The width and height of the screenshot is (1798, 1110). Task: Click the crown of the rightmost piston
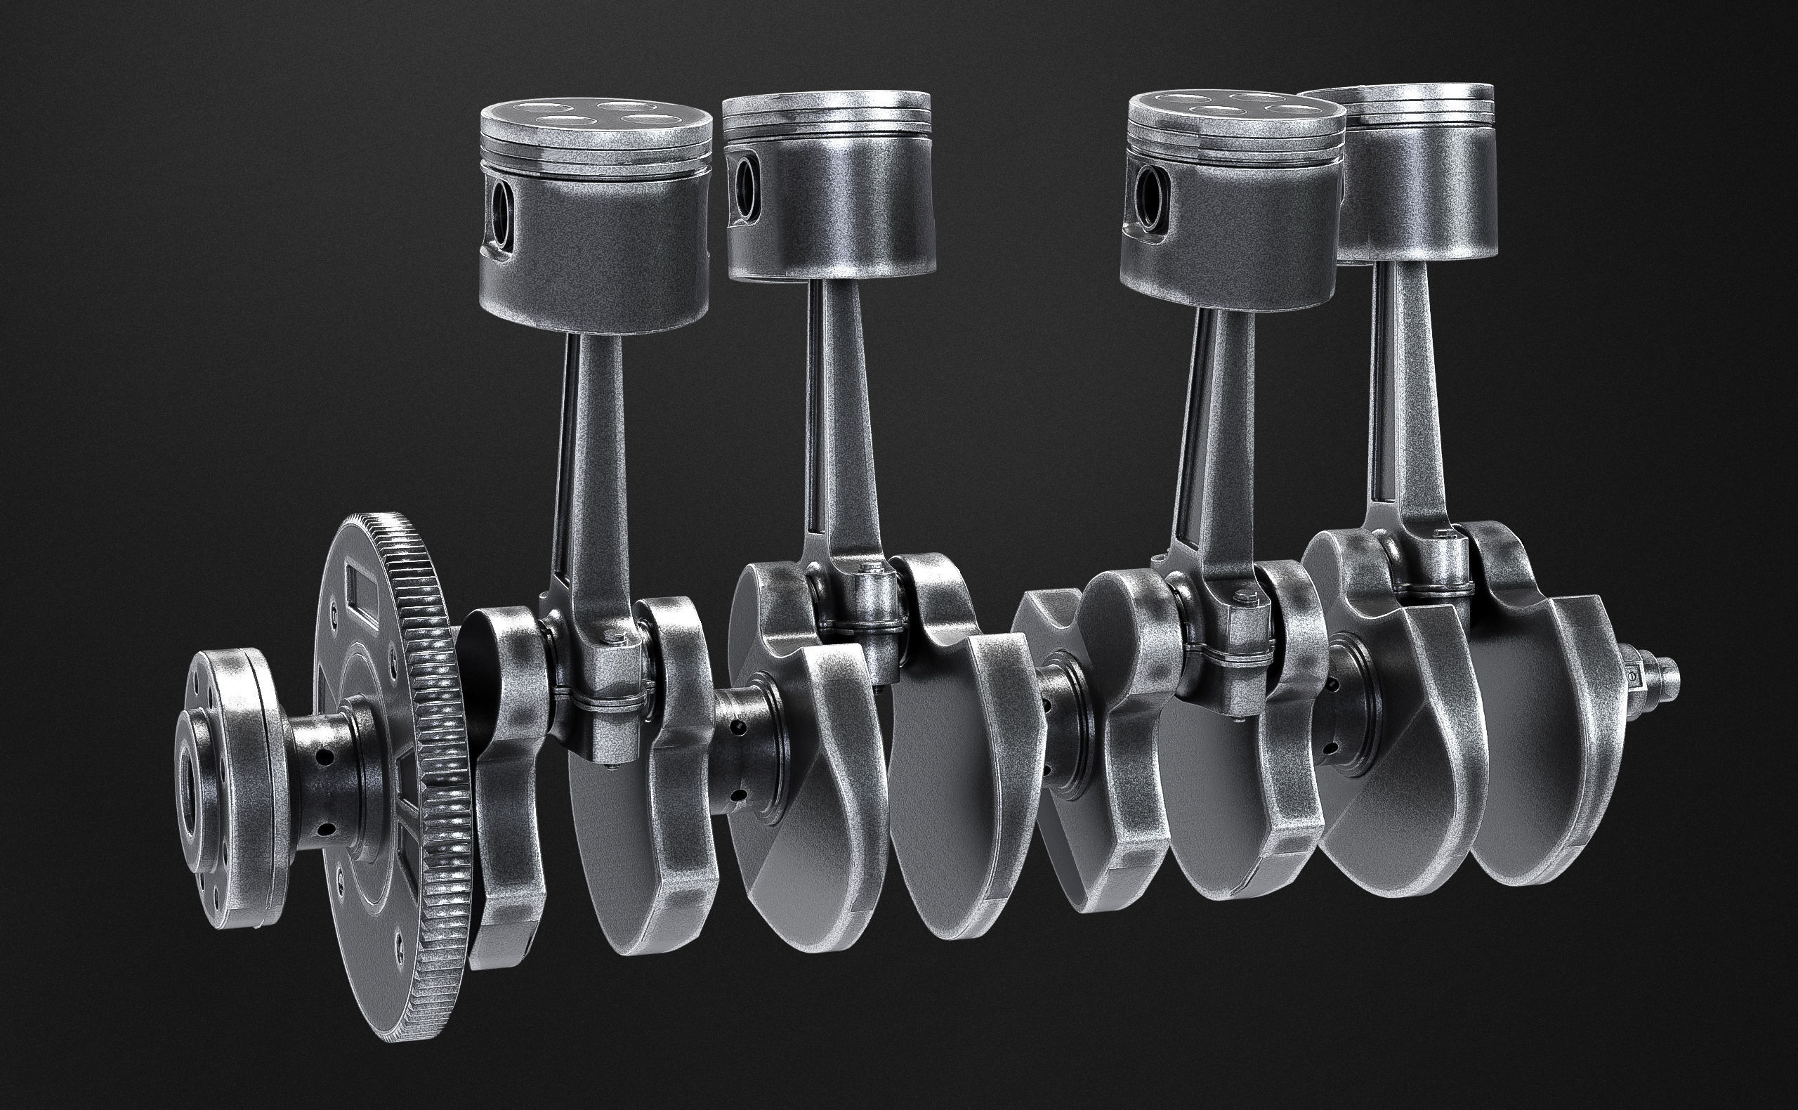(x=1398, y=97)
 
